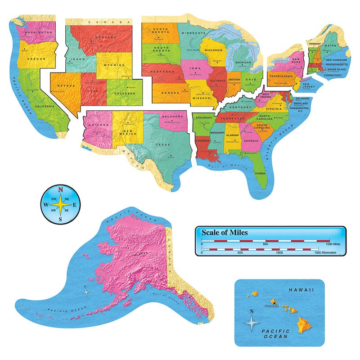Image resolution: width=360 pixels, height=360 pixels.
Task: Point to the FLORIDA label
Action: (x=260, y=172)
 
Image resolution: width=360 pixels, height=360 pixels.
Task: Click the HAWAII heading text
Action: (x=301, y=291)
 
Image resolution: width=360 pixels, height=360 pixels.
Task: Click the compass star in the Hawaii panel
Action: (x=252, y=322)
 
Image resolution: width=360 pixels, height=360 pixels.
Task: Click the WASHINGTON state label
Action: (x=37, y=32)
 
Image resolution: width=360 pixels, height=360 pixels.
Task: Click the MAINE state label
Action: (x=331, y=45)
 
